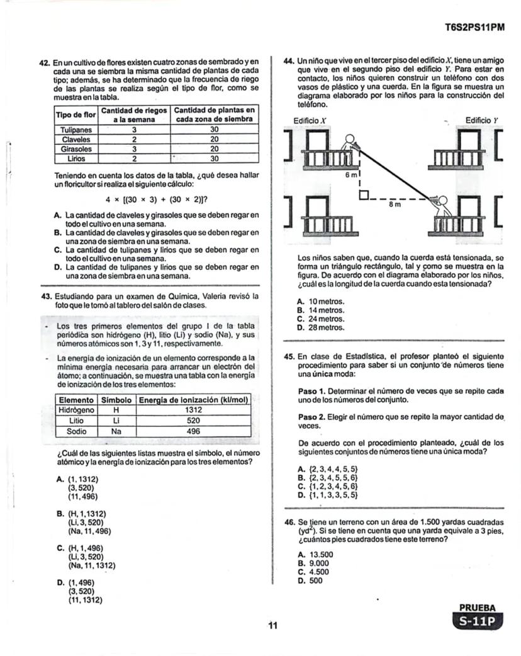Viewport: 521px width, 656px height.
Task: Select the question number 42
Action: pyautogui.click(x=45, y=63)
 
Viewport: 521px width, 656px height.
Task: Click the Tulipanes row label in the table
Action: pyautogui.click(x=76, y=129)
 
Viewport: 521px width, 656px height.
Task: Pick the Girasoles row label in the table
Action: pyautogui.click(x=76, y=149)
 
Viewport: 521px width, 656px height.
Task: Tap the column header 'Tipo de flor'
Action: pyautogui.click(x=76, y=115)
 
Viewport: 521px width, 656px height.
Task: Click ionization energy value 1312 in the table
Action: pyautogui.click(x=193, y=409)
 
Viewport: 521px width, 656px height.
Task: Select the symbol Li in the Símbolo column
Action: pyautogui.click(x=116, y=420)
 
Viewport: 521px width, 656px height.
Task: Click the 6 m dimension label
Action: pyautogui.click(x=355, y=174)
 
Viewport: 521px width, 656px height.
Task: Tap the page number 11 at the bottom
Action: pyautogui.click(x=272, y=626)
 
